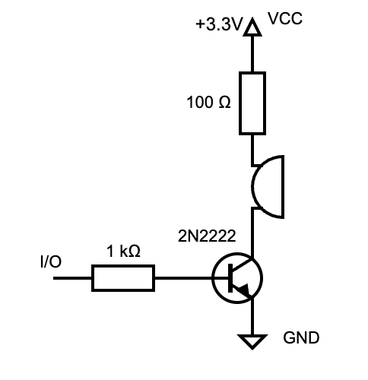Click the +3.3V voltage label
218,24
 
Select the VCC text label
286,18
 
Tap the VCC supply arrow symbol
252,28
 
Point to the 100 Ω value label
208,103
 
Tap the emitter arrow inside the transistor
243,290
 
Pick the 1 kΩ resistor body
123,278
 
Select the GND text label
301,337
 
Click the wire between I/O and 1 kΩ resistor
73,278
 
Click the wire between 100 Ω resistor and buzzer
252,150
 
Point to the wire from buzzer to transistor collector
252,232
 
